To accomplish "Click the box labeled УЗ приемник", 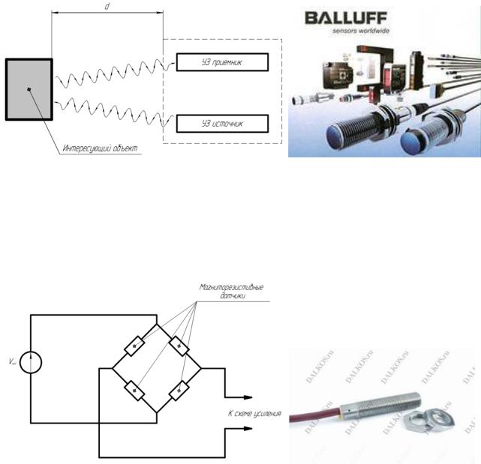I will tap(221, 61).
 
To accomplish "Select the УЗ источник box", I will tap(221, 122).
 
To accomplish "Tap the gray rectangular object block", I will tap(29, 89).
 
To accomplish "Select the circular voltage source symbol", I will tap(31, 362).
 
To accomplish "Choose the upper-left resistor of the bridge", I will tap(135, 346).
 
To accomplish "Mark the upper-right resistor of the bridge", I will tap(178, 346).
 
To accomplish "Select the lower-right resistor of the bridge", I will tap(178, 390).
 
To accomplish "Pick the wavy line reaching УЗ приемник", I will tap(113, 73).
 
